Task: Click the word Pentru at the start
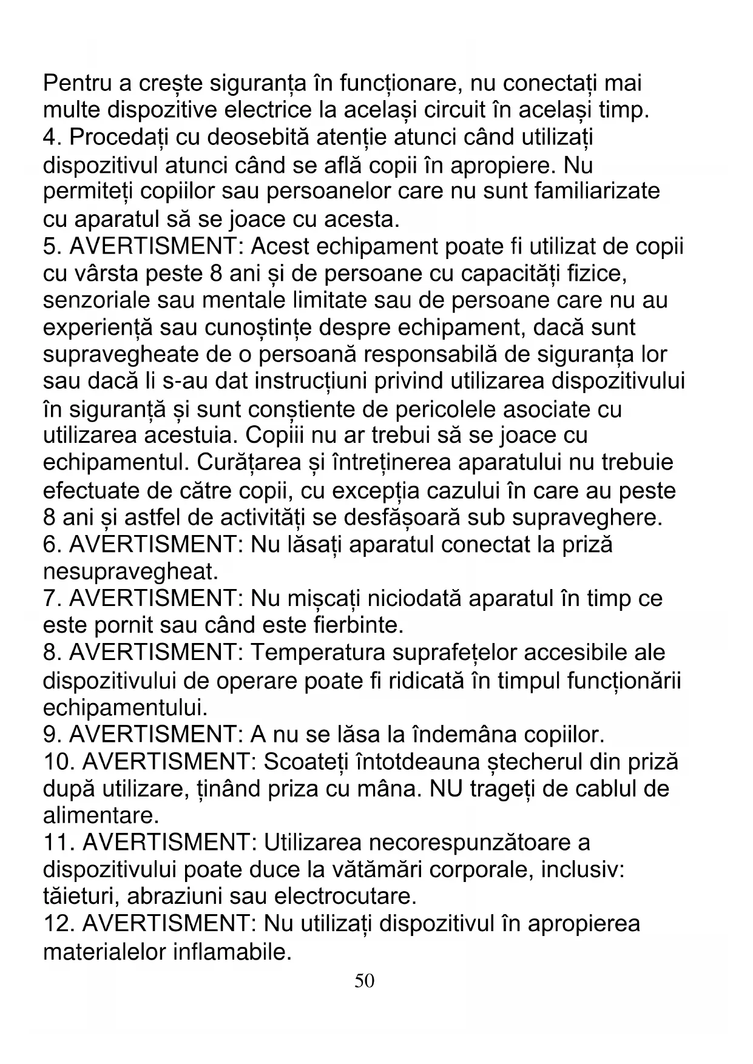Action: (81, 82)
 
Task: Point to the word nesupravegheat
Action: (130, 571)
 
